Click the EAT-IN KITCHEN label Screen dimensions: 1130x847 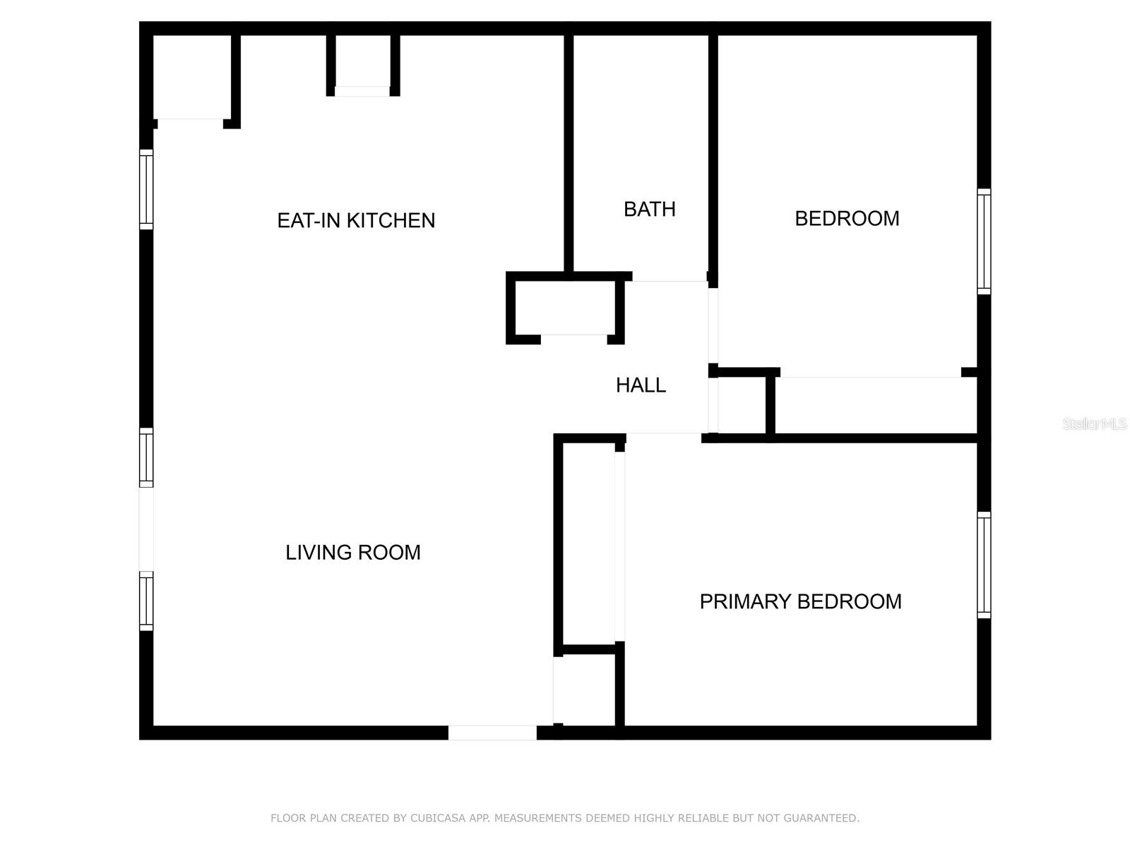(356, 221)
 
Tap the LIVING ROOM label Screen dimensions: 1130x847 (353, 553)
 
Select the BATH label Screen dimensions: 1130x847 (649, 210)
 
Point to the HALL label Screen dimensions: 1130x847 (641, 385)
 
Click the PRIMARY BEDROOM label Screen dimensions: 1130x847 (800, 601)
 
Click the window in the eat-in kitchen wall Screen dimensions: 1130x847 (146, 189)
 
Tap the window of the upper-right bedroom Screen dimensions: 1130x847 (984, 241)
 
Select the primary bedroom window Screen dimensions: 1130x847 (984, 565)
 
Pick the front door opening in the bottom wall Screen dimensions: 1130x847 (492, 733)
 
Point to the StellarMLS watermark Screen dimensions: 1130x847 (1095, 423)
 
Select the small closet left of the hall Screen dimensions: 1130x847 (565, 308)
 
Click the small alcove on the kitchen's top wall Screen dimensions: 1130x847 (362, 61)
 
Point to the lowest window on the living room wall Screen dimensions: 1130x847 (146, 601)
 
